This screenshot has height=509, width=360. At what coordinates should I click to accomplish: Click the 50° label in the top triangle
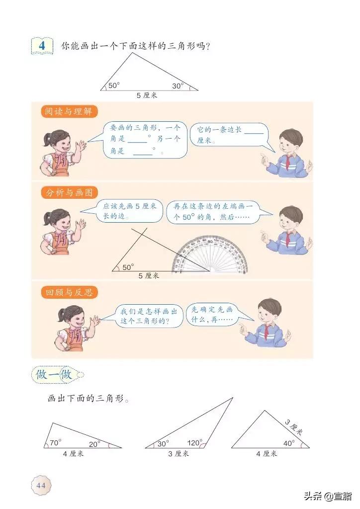pyautogui.click(x=114, y=85)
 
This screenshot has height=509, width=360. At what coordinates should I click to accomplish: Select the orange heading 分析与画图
pyautogui.click(x=69, y=193)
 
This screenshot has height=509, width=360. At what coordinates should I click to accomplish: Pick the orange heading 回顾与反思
pyautogui.click(x=69, y=292)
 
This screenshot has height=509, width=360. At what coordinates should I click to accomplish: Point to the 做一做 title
pyautogui.click(x=55, y=375)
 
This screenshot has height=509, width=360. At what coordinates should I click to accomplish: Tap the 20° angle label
pyautogui.click(x=95, y=443)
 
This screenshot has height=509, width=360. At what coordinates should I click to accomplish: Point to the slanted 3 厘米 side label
pyautogui.click(x=294, y=427)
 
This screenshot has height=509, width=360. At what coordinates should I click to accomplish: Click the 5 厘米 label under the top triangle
pyautogui.click(x=147, y=95)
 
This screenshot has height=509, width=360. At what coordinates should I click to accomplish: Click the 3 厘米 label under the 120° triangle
pyautogui.click(x=178, y=453)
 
